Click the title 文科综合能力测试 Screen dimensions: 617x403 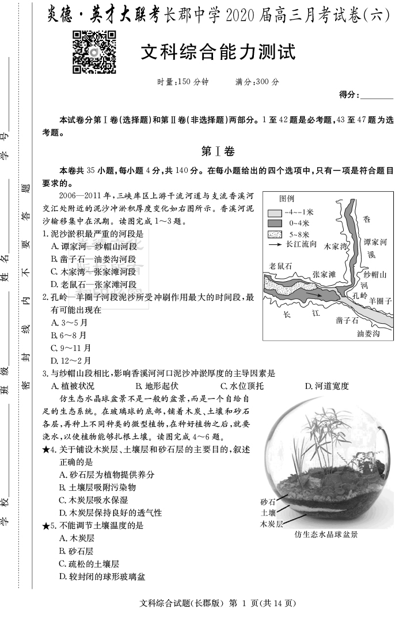[218, 53]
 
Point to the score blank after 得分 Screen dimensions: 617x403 [377, 94]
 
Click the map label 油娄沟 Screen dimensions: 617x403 [368, 333]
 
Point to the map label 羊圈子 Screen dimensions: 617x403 [380, 301]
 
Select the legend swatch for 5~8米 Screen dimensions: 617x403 [274, 234]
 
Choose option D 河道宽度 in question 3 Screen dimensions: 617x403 [326, 386]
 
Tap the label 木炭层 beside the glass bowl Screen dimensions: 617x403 [271, 524]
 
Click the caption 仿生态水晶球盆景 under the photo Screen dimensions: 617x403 [326, 534]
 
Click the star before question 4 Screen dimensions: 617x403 [46, 450]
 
